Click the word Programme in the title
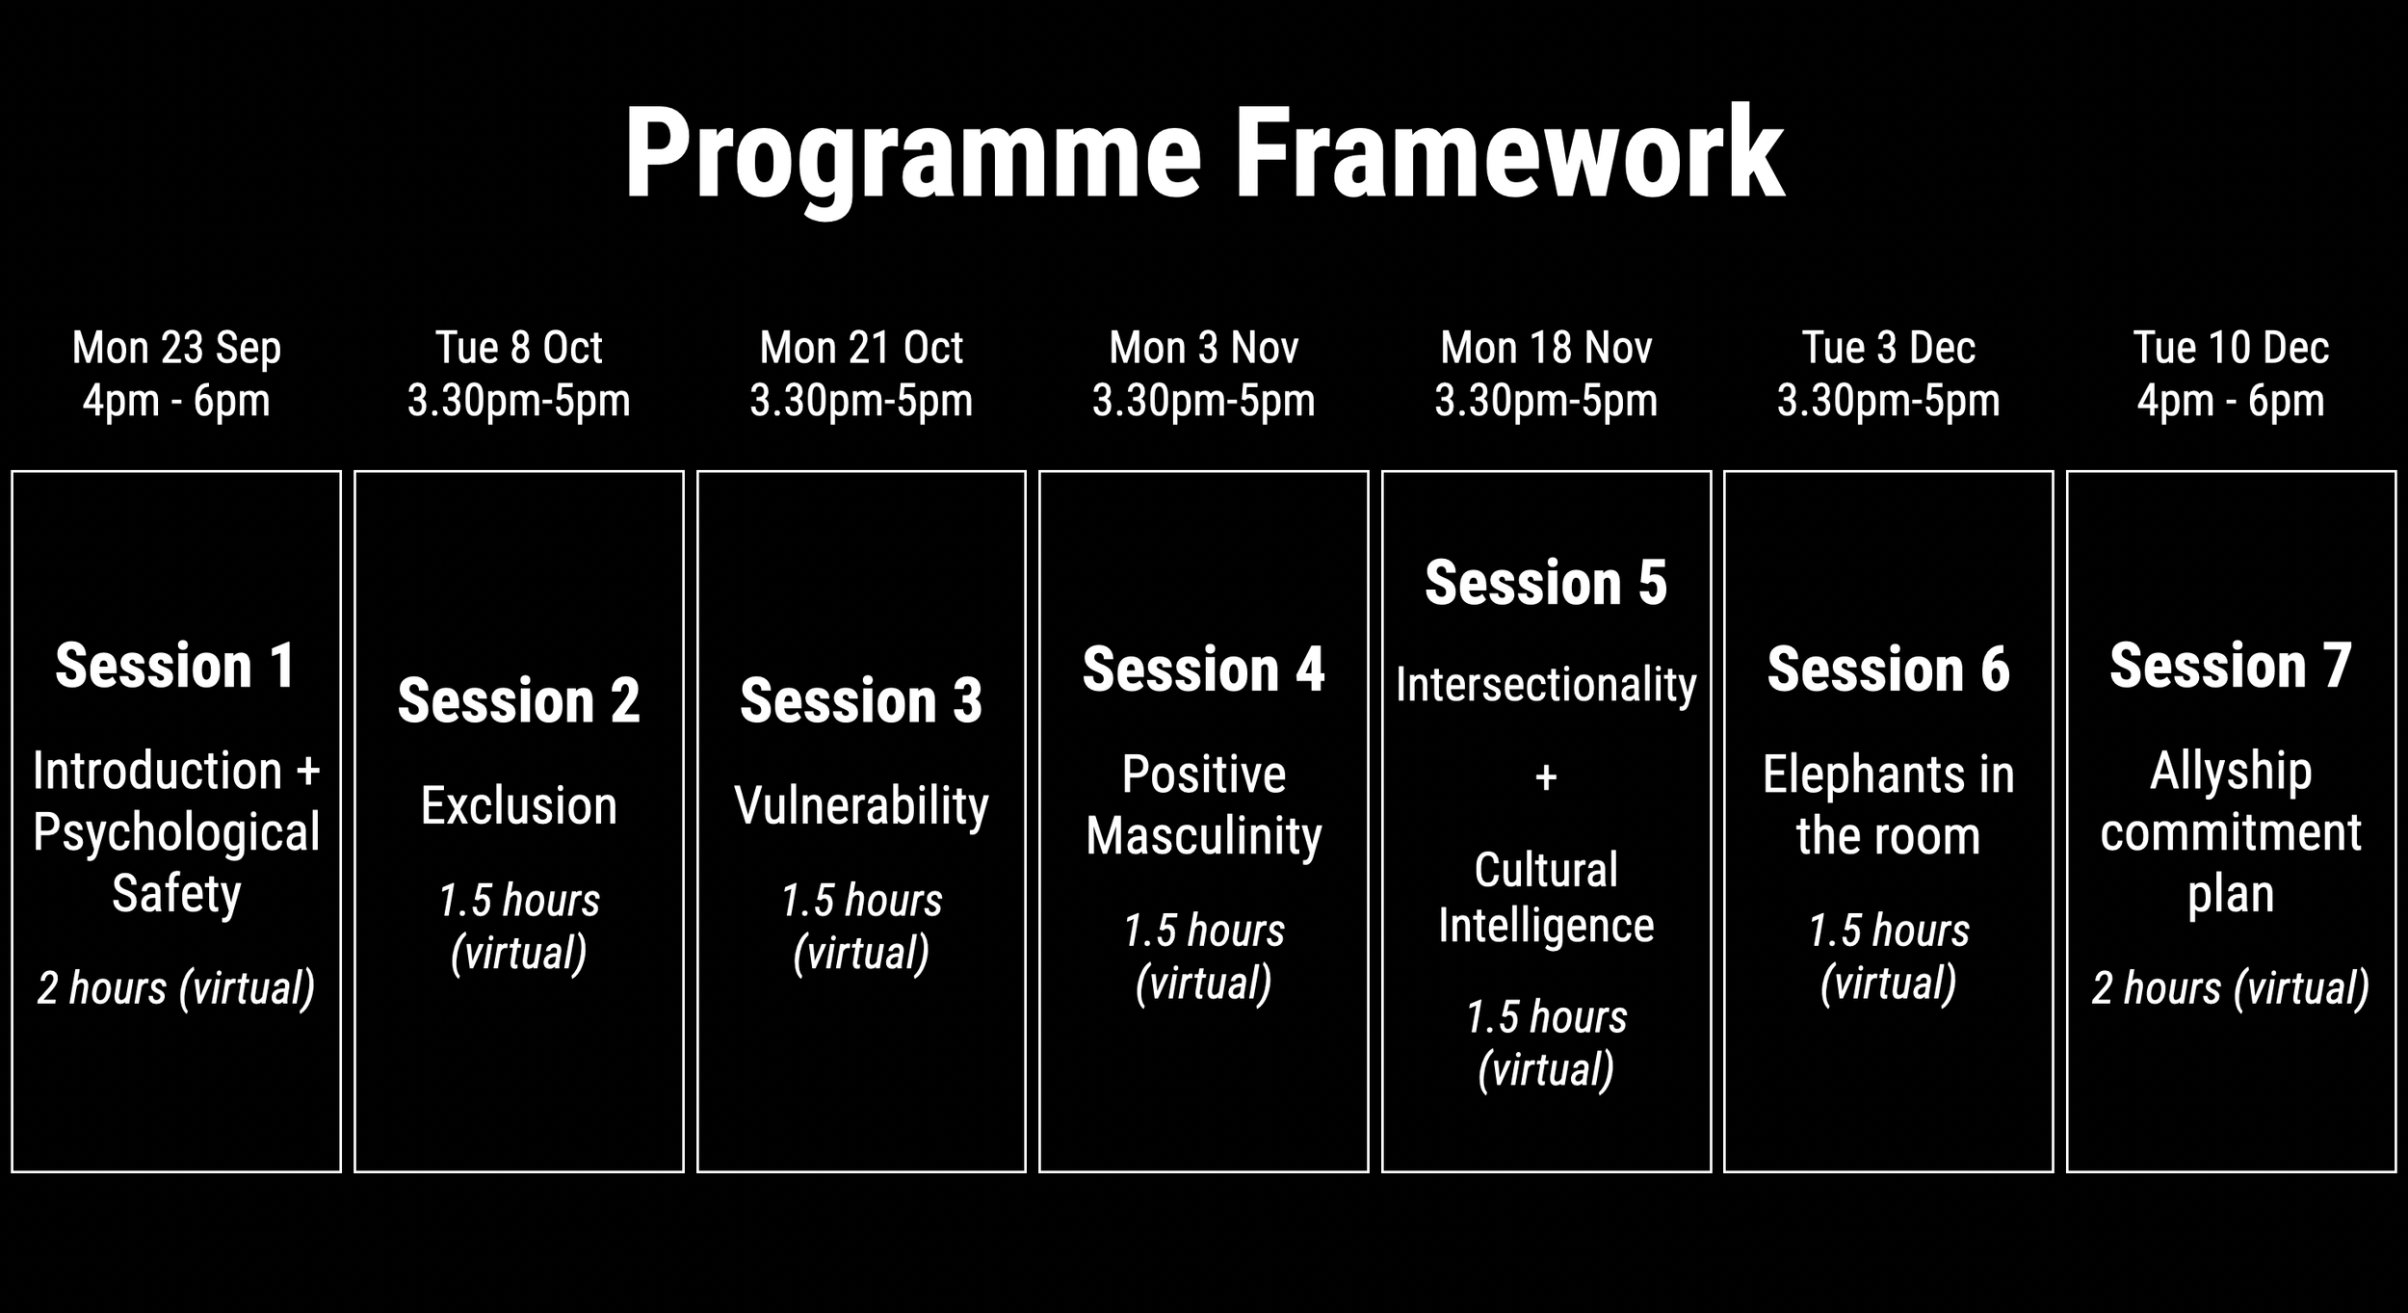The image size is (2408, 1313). click(x=911, y=154)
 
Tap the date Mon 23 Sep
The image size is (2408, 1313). click(x=176, y=348)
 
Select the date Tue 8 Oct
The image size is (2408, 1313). click(x=518, y=348)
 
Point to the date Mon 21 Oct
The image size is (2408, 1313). click(x=861, y=348)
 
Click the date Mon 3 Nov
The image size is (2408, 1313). click(x=1203, y=348)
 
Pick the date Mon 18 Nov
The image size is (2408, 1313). click(x=1546, y=348)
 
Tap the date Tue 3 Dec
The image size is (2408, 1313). click(x=1888, y=348)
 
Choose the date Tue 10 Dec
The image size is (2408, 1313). click(x=2231, y=348)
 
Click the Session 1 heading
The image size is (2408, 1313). click(x=176, y=666)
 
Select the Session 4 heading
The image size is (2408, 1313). click(x=1203, y=670)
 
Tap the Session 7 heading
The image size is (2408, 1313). click(x=2231, y=666)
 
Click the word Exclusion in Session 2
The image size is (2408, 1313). click(x=518, y=805)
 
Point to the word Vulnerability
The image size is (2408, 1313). click(x=861, y=805)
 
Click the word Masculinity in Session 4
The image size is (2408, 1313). click(x=1203, y=835)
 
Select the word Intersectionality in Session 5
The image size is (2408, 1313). click(x=1546, y=685)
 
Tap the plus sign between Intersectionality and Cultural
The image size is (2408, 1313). click(x=1546, y=776)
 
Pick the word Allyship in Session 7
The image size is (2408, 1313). click(x=2231, y=771)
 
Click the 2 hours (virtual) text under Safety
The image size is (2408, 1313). click(x=176, y=988)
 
